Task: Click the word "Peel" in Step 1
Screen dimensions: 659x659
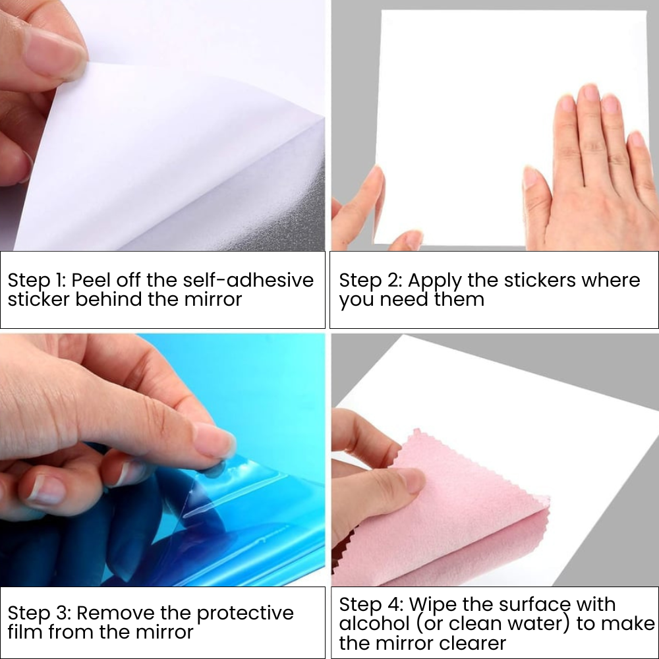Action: point(92,280)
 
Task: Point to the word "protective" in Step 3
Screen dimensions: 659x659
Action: point(245,613)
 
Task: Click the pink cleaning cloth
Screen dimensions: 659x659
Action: point(461,521)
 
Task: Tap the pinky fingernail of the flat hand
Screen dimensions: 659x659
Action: point(637,140)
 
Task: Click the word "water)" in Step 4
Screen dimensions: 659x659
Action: point(538,623)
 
